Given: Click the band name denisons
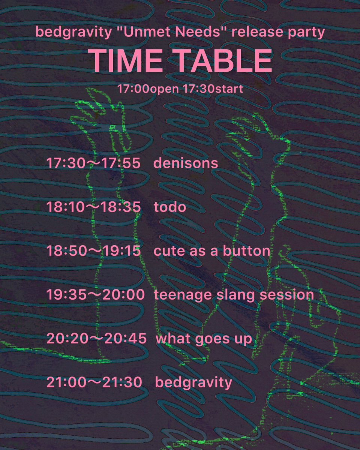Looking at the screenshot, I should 186,163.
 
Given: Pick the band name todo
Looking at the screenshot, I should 170,207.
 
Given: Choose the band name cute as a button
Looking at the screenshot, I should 212,251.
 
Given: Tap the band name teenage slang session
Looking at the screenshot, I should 234,295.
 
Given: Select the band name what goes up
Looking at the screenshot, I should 204,339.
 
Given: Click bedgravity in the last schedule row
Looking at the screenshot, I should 193,383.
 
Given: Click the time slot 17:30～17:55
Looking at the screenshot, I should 93,163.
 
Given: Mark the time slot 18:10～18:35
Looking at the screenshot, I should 93,207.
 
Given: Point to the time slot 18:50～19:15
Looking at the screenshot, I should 93,251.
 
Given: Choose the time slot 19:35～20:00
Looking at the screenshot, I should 95,295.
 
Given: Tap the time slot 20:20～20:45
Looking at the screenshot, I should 96,339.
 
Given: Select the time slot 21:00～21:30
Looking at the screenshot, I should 94,383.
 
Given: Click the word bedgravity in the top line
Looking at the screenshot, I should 73,33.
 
